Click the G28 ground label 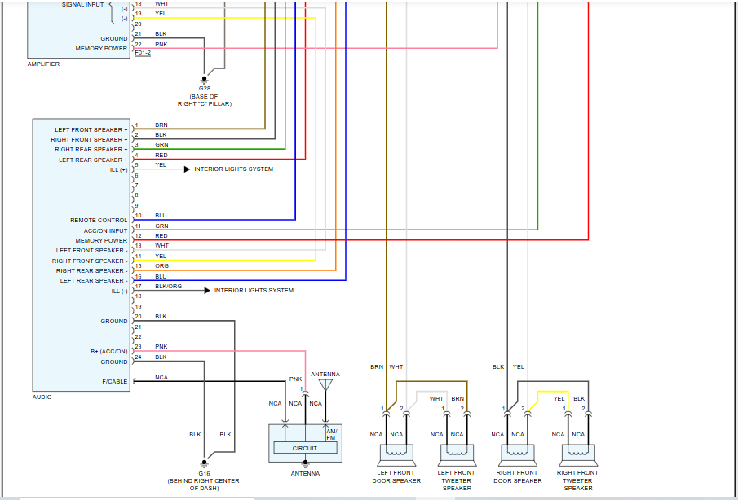point(204,88)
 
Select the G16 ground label point(204,472)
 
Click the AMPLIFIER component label point(44,64)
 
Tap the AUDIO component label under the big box point(42,397)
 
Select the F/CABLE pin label point(114,380)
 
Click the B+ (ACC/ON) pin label point(108,351)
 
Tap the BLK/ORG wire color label point(168,287)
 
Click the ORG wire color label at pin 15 point(161,266)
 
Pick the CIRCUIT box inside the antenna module point(305,448)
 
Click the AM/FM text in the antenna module point(332,433)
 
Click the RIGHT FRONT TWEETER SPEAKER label point(577,480)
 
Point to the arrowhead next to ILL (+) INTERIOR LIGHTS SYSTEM point(187,169)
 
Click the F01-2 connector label point(143,53)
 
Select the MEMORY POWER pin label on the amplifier point(101,48)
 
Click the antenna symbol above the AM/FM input point(326,384)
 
